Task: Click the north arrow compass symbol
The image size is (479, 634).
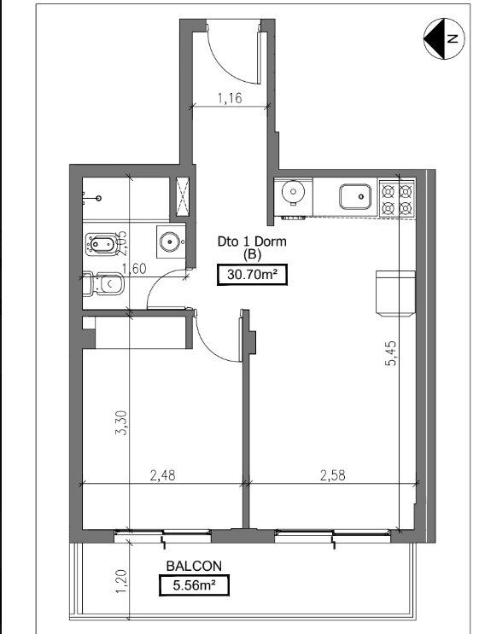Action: (444, 38)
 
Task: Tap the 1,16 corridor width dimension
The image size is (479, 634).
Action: (230, 98)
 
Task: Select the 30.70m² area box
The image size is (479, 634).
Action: (252, 275)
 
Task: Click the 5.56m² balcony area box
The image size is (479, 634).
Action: (194, 585)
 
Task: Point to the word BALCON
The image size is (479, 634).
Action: (194, 566)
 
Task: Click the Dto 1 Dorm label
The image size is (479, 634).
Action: (252, 241)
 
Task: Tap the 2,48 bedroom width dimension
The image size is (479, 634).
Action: (162, 475)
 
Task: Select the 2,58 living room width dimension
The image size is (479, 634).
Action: (333, 475)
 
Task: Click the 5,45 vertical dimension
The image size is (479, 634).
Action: (392, 354)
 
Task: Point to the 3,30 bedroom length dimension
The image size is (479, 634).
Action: (121, 423)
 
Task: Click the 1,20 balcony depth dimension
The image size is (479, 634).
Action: (121, 582)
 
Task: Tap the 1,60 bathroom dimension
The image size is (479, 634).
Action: (134, 269)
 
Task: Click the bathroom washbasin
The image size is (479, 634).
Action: (170, 241)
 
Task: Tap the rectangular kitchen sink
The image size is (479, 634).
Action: (355, 196)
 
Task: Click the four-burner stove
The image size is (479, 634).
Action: (397, 199)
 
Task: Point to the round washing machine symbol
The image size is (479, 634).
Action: (294, 192)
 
